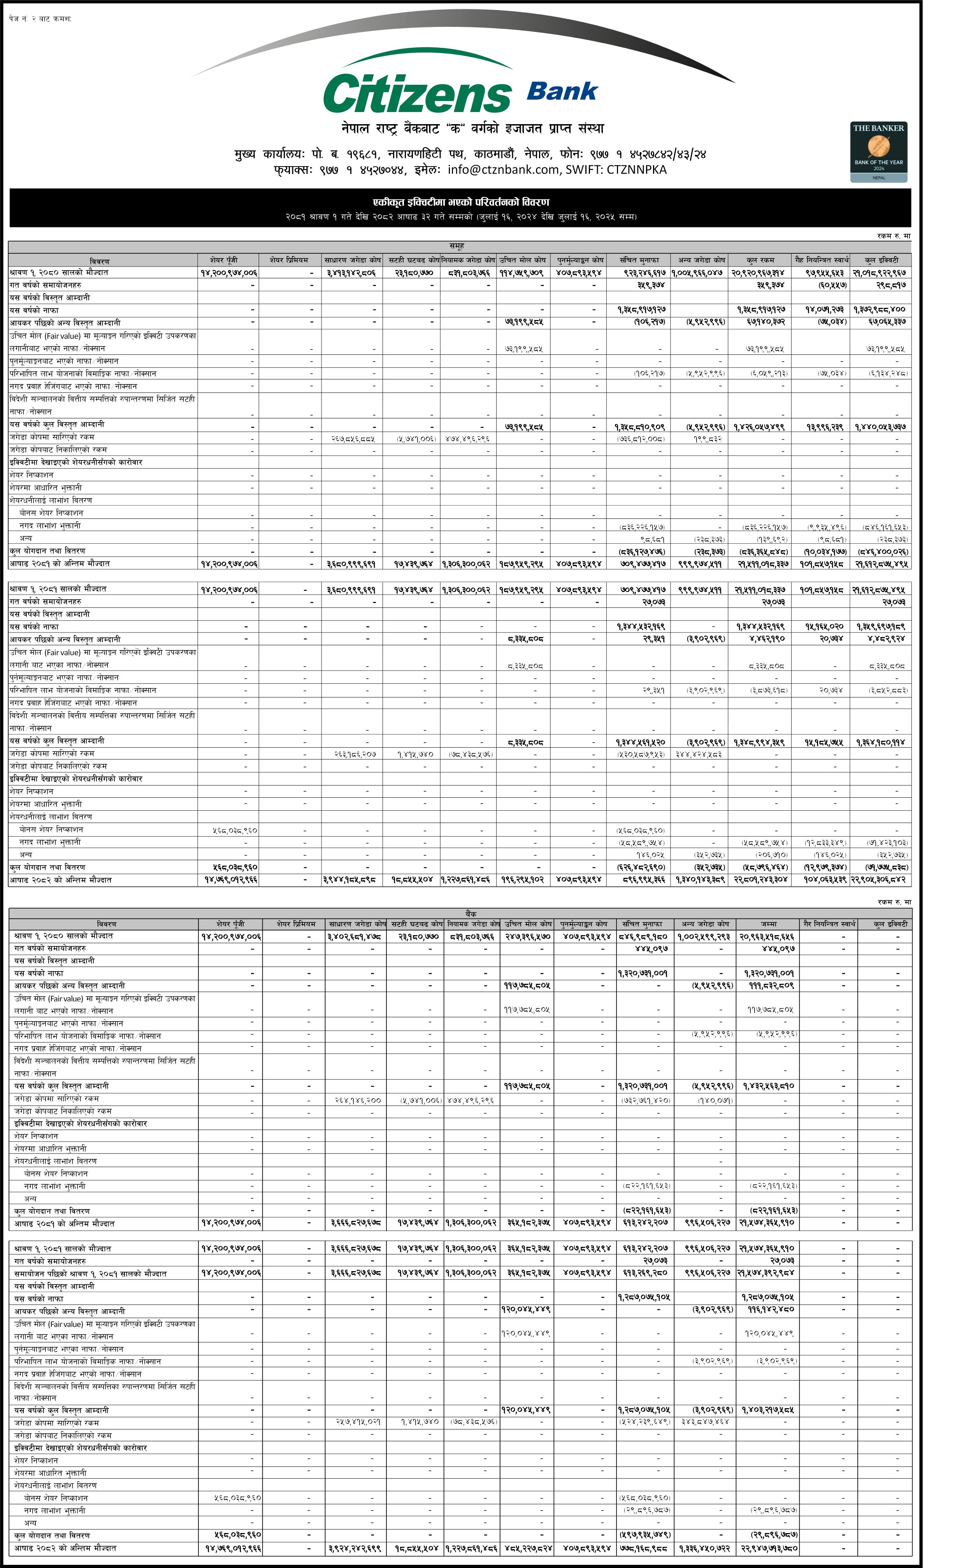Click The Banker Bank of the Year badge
pyautogui.click(x=878, y=151)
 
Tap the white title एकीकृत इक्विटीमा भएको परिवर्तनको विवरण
pyautogui.click(x=460, y=202)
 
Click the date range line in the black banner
pyautogui.click(x=460, y=217)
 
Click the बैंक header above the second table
pyautogui.click(x=471, y=913)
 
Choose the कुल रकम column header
pyautogui.click(x=760, y=260)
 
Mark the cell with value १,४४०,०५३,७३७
pyautogui.click(x=880, y=427)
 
